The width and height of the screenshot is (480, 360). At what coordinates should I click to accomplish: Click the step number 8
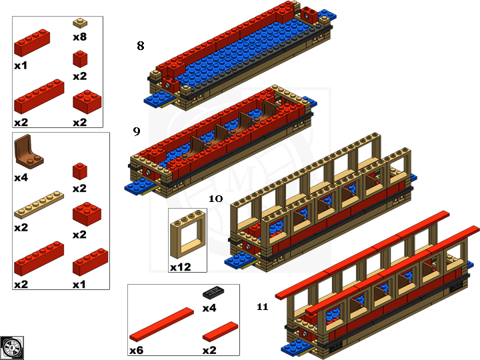tap(140, 46)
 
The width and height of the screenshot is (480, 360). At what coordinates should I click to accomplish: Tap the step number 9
tap(137, 131)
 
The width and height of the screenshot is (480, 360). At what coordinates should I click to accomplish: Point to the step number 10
tap(215, 199)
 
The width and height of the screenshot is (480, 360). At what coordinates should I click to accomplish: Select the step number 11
tap(262, 307)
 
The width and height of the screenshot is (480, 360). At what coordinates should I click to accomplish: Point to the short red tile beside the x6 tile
tap(220, 330)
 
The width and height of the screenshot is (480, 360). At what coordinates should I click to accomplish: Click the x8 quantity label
tap(79, 37)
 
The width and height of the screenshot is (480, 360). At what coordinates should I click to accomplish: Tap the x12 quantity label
tap(181, 267)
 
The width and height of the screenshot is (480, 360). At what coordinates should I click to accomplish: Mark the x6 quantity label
tap(137, 349)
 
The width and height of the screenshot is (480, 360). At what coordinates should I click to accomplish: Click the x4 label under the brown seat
tap(21, 178)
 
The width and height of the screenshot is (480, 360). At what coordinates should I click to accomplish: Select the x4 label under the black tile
tap(210, 308)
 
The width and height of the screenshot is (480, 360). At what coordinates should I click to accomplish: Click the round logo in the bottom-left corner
tap(12, 347)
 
